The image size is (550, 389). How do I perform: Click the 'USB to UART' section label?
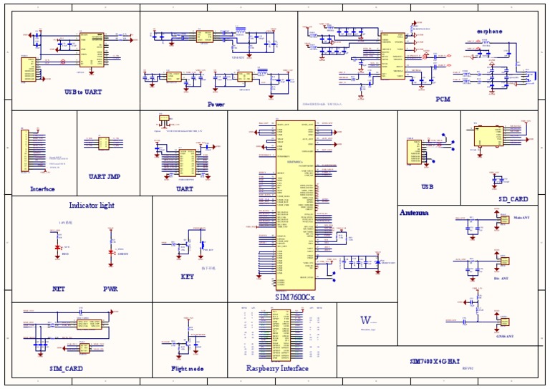click(x=82, y=92)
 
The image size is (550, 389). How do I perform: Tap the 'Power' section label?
click(x=216, y=104)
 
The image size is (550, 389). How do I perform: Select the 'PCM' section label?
click(x=443, y=100)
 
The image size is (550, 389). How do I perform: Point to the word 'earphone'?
click(x=489, y=31)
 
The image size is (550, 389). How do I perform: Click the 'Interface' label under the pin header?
click(x=42, y=189)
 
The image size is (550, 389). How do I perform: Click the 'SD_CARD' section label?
click(x=513, y=199)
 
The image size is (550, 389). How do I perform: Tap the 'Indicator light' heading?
click(x=91, y=205)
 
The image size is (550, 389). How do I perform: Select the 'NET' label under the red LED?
click(x=58, y=289)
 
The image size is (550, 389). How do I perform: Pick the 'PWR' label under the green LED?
click(x=110, y=289)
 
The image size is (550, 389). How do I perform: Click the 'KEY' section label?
click(x=187, y=277)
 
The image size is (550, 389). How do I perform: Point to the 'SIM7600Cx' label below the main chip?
click(x=295, y=297)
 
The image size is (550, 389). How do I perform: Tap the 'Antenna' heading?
click(x=414, y=213)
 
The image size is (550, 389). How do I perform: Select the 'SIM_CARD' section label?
click(x=66, y=368)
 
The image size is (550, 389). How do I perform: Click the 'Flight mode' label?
click(x=187, y=369)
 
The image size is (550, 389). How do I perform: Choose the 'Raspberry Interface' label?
click(x=277, y=368)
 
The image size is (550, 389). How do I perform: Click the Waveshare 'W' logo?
click(x=366, y=320)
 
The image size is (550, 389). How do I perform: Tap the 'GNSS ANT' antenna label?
click(x=504, y=335)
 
